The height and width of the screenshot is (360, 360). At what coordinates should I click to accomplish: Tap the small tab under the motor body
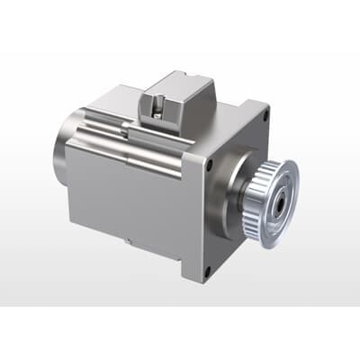(x=131, y=240)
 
